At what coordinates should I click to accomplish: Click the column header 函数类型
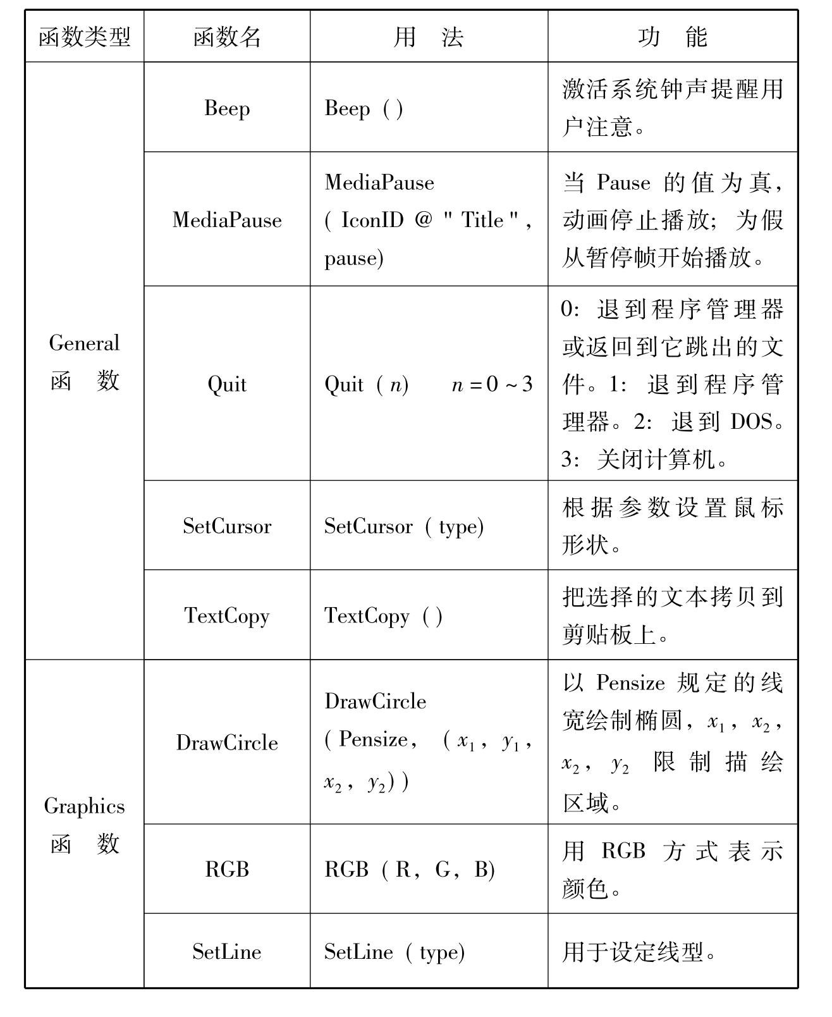tap(84, 37)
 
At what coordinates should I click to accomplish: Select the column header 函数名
tap(227, 37)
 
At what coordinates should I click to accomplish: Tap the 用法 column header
tap(428, 37)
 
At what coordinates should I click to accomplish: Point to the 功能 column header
tap(672, 37)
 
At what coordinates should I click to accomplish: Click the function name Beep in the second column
tap(227, 108)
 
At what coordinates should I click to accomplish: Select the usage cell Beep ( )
tap(364, 109)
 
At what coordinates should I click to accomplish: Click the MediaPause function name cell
tap(227, 220)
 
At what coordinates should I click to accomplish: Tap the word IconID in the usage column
tap(372, 220)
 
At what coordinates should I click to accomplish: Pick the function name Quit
tap(227, 384)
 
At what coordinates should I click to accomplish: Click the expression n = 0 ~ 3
tap(492, 384)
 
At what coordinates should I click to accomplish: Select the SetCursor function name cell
tap(227, 526)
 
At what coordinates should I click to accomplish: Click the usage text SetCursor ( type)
tap(403, 526)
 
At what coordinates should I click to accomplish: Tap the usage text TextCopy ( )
tap(383, 615)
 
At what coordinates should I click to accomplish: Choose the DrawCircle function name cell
tap(227, 743)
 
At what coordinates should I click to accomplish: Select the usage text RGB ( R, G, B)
tap(409, 870)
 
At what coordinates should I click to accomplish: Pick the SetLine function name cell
tap(227, 952)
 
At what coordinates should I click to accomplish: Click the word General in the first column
tap(84, 343)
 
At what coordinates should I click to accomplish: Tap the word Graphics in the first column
tap(84, 806)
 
